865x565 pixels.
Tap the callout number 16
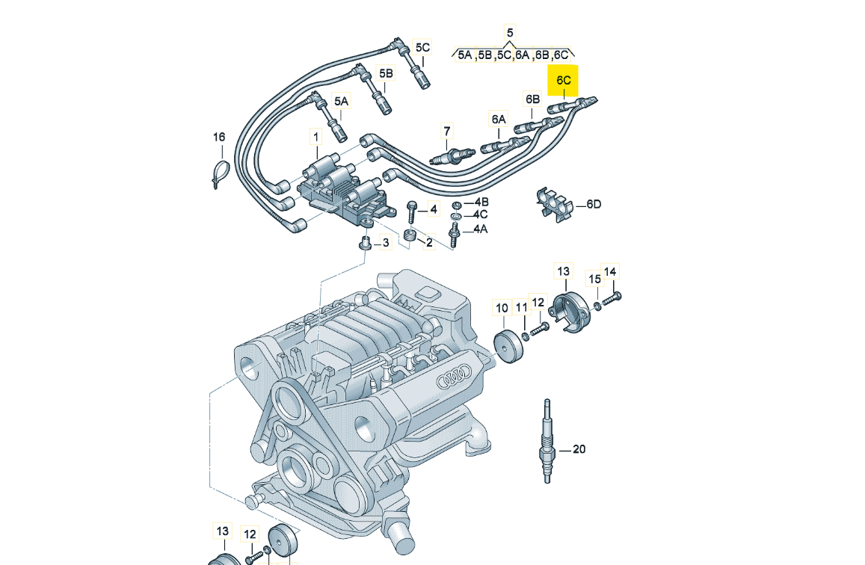pos(218,137)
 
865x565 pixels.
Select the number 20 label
pos(579,449)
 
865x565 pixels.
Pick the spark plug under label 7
pos(451,157)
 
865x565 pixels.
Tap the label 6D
pos(593,204)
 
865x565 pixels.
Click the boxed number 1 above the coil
pos(315,137)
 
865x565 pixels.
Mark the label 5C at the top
pos(422,48)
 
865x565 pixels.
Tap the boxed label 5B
pos(386,73)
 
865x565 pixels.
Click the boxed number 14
pos(611,271)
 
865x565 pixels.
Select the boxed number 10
pos(502,308)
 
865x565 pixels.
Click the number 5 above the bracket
pos(511,32)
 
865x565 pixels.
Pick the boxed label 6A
pos(498,119)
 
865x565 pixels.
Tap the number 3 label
pos(386,242)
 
